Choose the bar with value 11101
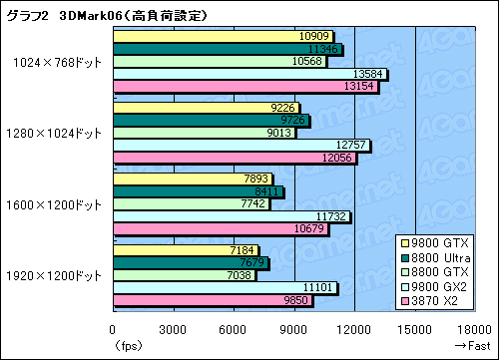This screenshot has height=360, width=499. pyautogui.click(x=226, y=288)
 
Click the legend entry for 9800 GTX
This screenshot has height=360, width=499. pyautogui.click(x=440, y=242)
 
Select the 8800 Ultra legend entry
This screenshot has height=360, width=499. pyautogui.click(x=440, y=257)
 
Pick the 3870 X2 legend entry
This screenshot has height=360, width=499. pyautogui.click(x=440, y=302)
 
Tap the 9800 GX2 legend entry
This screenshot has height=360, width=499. pyautogui.click(x=440, y=287)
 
